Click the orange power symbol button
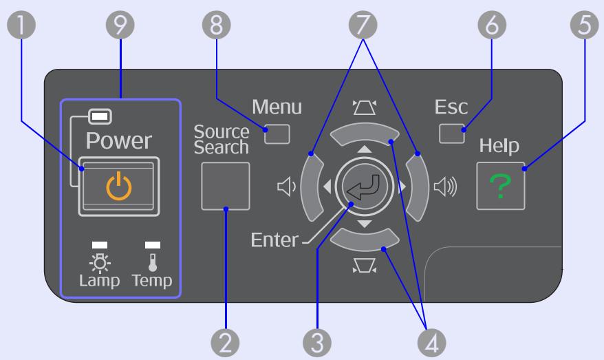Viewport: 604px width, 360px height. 118,186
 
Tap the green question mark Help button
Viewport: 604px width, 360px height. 500,186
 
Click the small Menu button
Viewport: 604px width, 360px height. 277,134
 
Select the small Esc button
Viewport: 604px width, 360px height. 452,134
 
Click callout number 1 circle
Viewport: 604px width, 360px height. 21,25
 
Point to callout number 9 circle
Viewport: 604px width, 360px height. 120,25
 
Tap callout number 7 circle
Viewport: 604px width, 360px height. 363,25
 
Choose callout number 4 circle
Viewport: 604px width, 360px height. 432,343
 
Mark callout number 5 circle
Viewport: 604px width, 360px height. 584,25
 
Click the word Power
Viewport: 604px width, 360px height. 118,140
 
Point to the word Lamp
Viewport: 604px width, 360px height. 99,281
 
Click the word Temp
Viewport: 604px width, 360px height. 152,281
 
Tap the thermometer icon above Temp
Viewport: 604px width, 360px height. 153,262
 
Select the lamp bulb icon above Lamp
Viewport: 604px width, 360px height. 100,263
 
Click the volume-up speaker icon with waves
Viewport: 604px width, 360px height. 445,187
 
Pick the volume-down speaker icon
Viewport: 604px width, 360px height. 286,187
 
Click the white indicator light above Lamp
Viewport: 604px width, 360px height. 100,245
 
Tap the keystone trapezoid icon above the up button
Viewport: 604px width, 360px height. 365,107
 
